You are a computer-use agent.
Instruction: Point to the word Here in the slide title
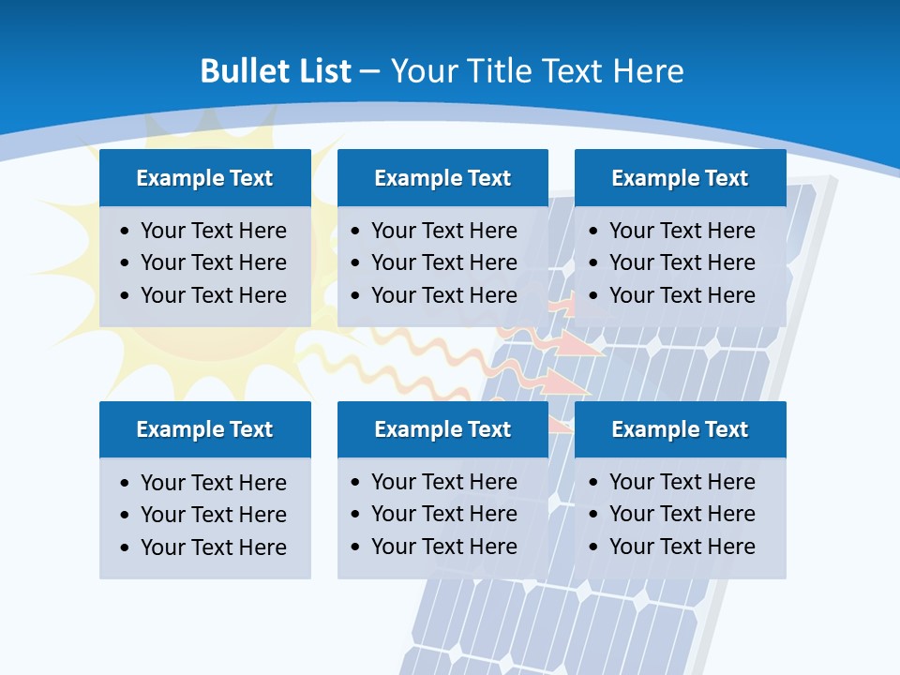(648, 71)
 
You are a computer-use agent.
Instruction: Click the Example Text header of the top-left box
(204, 178)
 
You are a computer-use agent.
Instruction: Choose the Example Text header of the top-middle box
(442, 178)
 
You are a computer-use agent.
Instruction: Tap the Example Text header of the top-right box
(680, 178)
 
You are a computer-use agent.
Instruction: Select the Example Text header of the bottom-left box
(204, 429)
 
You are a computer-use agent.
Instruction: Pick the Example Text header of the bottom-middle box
(442, 429)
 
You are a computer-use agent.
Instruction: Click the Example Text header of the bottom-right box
(680, 429)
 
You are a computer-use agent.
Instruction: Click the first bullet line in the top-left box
(213, 231)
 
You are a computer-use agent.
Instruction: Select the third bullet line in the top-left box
(213, 295)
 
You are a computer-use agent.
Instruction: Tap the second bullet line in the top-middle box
(443, 262)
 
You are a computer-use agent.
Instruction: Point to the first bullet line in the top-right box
(682, 231)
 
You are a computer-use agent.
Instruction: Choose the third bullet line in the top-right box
(682, 295)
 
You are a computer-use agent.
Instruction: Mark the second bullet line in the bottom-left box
(213, 515)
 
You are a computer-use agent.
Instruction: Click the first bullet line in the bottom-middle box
(443, 482)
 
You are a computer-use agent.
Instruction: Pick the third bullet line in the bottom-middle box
(443, 547)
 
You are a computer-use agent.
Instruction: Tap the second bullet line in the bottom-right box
(682, 514)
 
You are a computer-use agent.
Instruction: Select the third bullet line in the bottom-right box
(682, 547)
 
